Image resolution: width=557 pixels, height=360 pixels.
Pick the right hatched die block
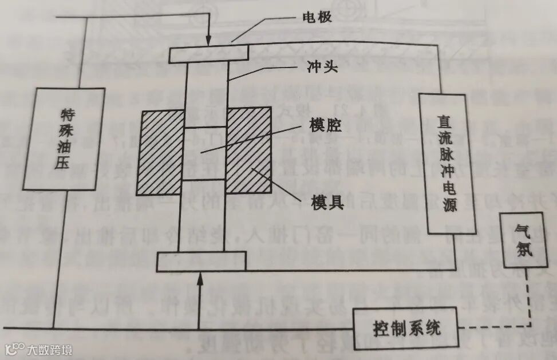249,150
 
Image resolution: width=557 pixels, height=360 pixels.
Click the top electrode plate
209,54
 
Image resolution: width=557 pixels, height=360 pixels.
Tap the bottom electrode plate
202,262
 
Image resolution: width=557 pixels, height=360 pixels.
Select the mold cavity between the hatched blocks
205,153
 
